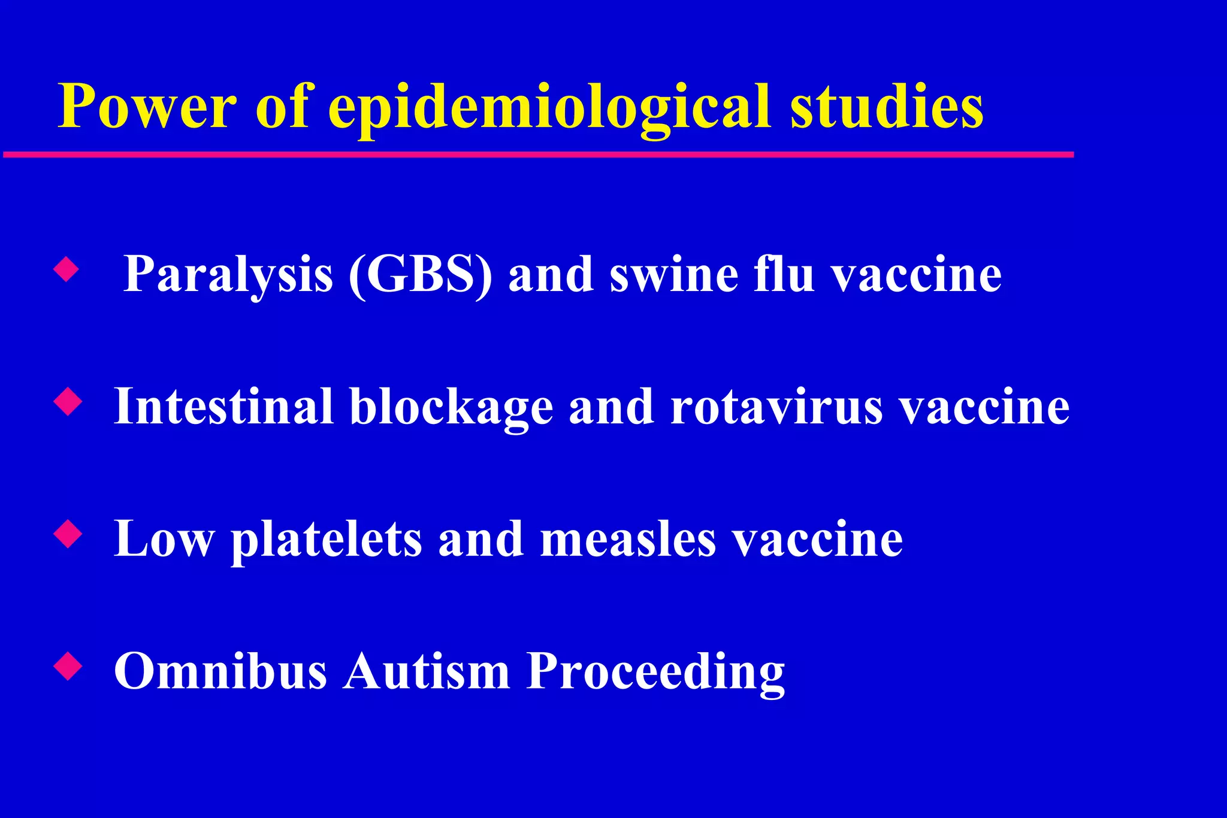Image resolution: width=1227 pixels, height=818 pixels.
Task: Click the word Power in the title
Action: pos(147,107)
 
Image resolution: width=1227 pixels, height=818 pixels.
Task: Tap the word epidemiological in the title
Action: pos(548,108)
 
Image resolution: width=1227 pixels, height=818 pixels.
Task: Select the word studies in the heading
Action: pos(887,107)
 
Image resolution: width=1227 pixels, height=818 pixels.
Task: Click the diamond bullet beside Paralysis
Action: pos(66,269)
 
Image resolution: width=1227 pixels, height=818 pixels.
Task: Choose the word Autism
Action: pos(426,671)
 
